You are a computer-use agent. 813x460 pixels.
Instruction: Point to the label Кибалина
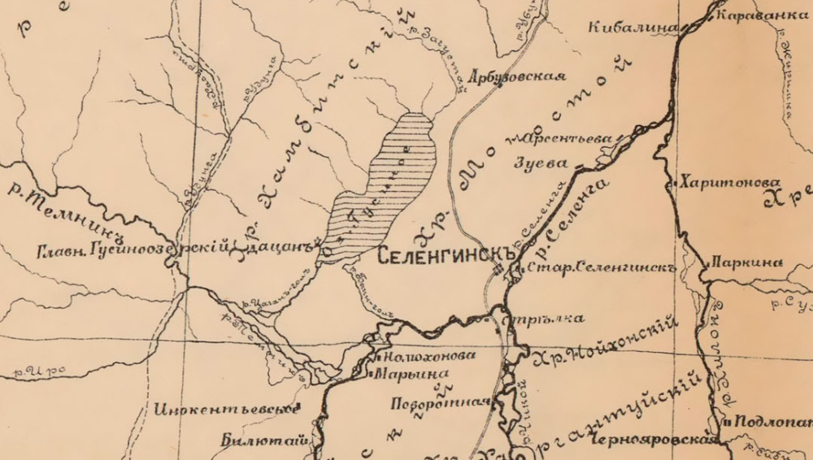pyautogui.click(x=632, y=28)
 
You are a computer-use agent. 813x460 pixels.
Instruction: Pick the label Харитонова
pyautogui.click(x=731, y=182)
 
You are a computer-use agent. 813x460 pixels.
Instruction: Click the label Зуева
pyautogui.click(x=541, y=163)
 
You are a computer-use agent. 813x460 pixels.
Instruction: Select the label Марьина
pyautogui.click(x=405, y=375)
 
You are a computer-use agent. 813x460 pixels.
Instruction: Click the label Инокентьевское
pyautogui.click(x=226, y=408)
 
